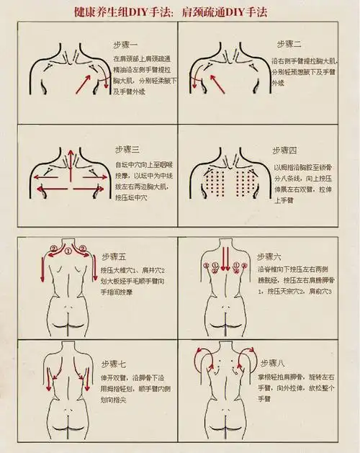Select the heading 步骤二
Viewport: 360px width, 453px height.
290,44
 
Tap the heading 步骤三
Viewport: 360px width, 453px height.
126,149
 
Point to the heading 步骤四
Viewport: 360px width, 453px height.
284,150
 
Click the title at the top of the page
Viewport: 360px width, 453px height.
179,12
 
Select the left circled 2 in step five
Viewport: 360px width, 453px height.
53,250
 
